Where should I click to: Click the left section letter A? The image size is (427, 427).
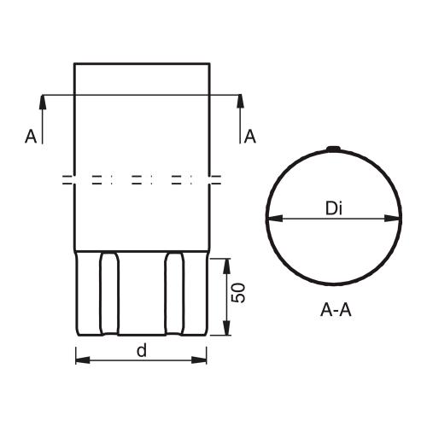[x=31, y=136]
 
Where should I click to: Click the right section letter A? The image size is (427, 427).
[x=250, y=136]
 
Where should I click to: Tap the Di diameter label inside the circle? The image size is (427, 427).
[x=334, y=208]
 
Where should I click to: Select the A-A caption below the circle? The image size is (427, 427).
[x=336, y=310]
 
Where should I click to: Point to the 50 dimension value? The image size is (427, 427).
[x=238, y=293]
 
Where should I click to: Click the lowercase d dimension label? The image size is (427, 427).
[x=142, y=350]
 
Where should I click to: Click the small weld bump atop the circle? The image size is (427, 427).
[x=333, y=149]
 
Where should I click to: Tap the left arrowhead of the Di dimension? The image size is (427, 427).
[x=275, y=219]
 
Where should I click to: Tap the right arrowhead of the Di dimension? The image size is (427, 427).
[x=392, y=219]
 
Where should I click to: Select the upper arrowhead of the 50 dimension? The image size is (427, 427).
[x=226, y=266]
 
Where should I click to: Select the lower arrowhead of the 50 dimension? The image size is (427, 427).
[x=226, y=328]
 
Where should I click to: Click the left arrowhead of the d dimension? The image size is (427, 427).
[x=83, y=360]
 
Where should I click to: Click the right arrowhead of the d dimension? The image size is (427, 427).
[x=199, y=360]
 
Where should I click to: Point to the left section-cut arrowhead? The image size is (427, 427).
[x=43, y=102]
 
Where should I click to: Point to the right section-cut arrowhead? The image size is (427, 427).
[x=240, y=102]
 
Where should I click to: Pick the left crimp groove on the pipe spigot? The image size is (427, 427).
[x=108, y=293]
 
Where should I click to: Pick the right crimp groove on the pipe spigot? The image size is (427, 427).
[x=174, y=293]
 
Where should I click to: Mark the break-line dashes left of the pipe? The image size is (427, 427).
[x=67, y=180]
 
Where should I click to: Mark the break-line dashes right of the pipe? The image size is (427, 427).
[x=217, y=180]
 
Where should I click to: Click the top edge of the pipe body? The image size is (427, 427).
[x=142, y=63]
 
